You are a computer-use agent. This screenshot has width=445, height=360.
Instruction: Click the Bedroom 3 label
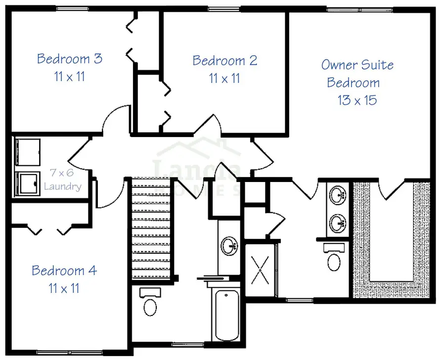coord(70,59)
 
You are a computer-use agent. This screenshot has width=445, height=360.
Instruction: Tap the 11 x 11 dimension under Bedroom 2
coord(225,78)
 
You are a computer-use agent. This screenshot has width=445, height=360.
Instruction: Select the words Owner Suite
coord(357,65)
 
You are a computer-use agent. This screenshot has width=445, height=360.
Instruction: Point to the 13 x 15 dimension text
coord(357,100)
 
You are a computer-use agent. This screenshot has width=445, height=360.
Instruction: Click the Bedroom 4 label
coord(64,271)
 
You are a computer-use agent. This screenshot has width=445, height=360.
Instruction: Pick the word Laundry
coord(62,186)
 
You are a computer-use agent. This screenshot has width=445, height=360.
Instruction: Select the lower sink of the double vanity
coord(338,222)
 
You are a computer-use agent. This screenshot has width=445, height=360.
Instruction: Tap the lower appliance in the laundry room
coord(27,184)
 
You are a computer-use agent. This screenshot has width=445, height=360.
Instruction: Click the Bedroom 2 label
coord(225,61)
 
